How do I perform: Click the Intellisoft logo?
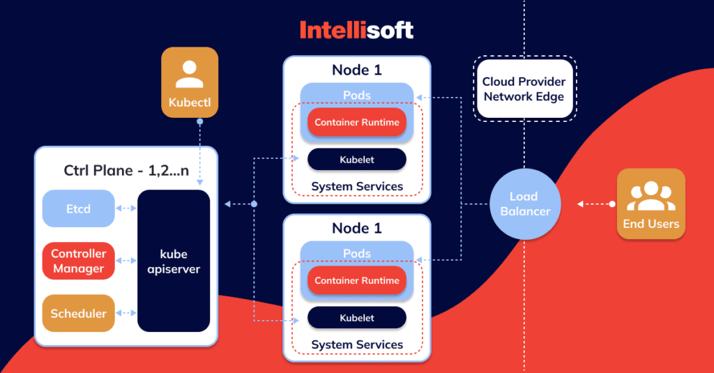tap(356, 29)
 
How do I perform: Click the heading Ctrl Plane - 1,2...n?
tap(126, 170)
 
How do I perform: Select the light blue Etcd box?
tap(78, 208)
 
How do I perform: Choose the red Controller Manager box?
tap(78, 261)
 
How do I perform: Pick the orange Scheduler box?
tap(78, 313)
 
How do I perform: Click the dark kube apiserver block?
tap(174, 261)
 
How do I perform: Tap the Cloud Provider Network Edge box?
tap(524, 89)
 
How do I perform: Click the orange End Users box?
tap(651, 204)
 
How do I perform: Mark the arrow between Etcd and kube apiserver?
tap(126, 208)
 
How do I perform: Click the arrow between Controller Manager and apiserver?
tap(126, 261)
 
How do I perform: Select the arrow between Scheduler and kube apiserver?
tap(126, 313)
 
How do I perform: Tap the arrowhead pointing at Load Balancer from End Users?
tap(579, 204)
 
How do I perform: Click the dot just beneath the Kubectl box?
tap(199, 121)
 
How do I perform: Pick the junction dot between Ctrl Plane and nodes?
tap(254, 204)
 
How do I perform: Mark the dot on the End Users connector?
tap(612, 204)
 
